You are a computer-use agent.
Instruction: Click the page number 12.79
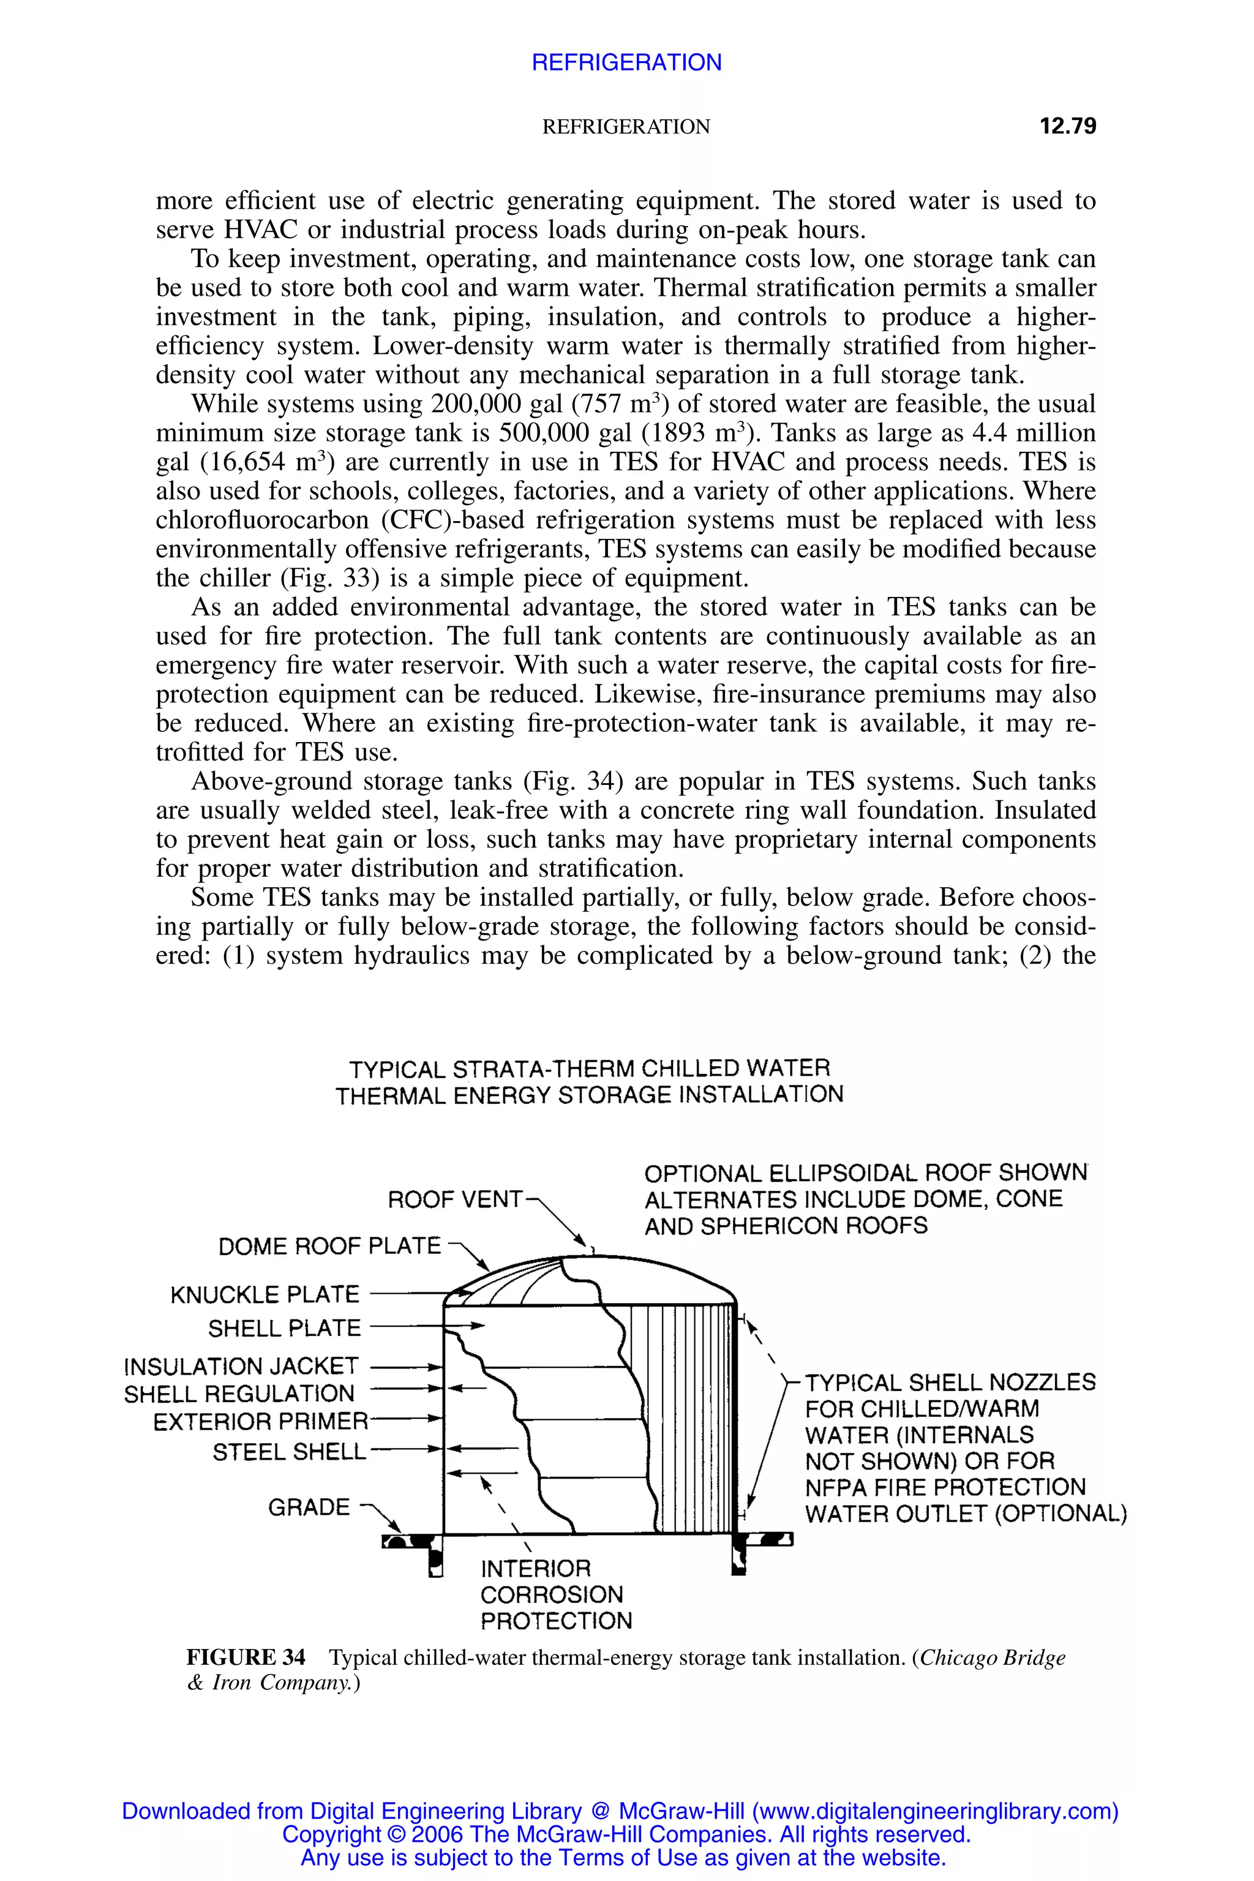(1068, 126)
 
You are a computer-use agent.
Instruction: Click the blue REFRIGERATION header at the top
(626, 62)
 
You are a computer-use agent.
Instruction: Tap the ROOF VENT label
(454, 1200)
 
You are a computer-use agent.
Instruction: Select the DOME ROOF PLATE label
(329, 1246)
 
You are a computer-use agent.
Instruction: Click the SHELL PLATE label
(284, 1328)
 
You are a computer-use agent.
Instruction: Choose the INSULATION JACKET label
(241, 1366)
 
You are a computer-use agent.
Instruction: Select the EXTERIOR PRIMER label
(260, 1422)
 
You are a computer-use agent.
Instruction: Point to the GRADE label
(309, 1507)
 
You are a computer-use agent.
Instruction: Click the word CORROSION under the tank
(551, 1594)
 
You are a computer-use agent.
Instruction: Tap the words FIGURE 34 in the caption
(246, 1658)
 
